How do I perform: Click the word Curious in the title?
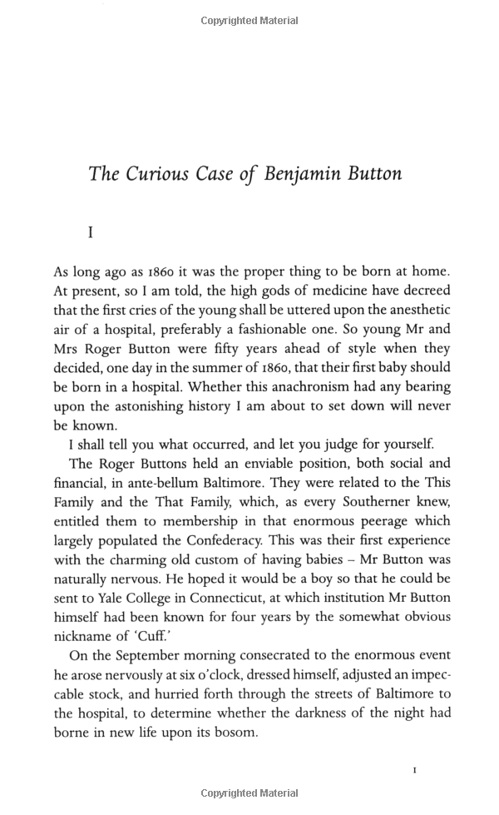(x=155, y=174)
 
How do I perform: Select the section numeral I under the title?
(x=91, y=234)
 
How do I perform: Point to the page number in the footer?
(x=415, y=770)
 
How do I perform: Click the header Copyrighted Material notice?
(x=249, y=21)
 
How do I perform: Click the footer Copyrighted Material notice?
(x=249, y=794)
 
